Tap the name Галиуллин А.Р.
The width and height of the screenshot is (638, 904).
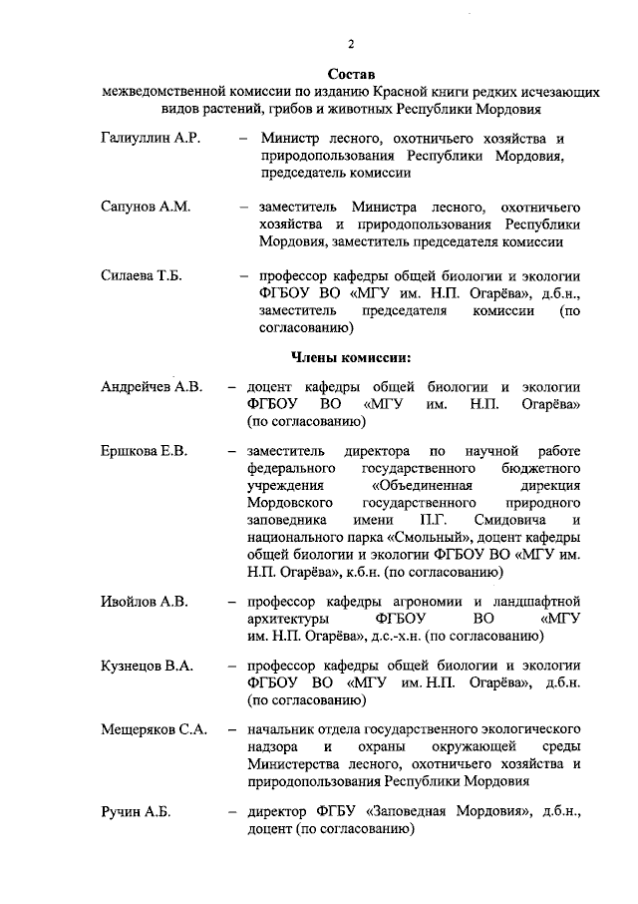pyautogui.click(x=152, y=138)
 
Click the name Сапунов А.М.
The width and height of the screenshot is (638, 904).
pyautogui.click(x=146, y=207)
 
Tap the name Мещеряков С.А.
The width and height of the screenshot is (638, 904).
pyautogui.click(x=154, y=729)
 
